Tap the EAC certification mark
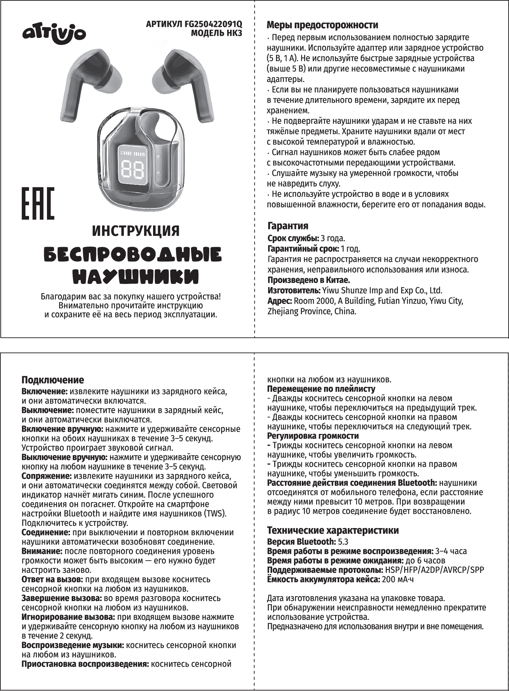38,203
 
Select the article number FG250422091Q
213,25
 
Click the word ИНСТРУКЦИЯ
136,231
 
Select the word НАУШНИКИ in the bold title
136,277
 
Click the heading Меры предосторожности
322,25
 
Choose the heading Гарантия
288,226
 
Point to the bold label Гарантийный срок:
303,248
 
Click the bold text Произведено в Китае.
309,280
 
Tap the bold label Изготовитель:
294,290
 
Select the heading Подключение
53,380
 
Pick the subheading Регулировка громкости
313,436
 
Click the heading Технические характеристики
333,530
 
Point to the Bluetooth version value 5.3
343,542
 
